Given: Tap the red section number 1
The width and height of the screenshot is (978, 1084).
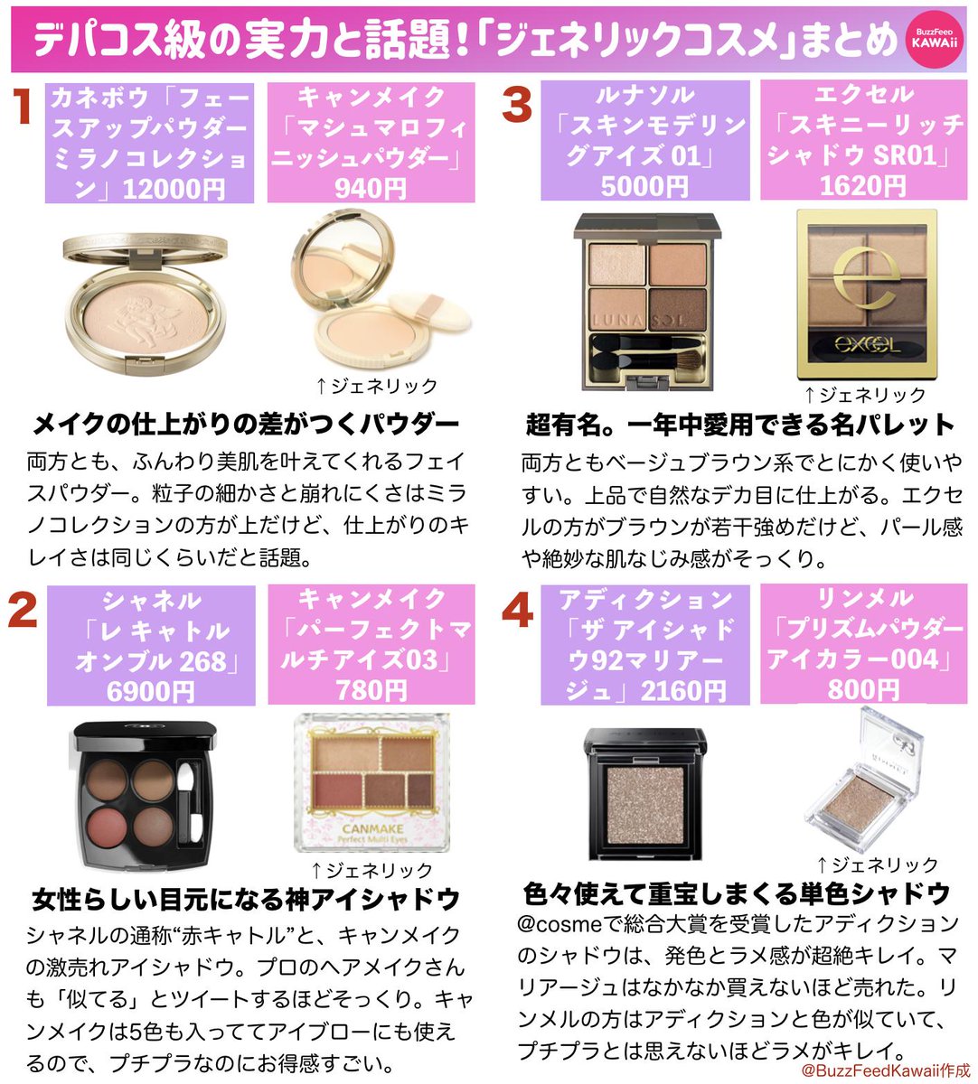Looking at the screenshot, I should tap(23, 107).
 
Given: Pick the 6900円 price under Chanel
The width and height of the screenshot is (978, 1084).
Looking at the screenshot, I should tap(150, 691).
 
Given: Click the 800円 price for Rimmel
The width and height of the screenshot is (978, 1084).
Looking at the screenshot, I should tap(862, 690).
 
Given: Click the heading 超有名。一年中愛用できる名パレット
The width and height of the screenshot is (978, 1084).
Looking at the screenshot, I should tap(739, 424).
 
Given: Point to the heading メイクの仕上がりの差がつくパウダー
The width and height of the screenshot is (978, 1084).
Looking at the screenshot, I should tap(246, 424).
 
